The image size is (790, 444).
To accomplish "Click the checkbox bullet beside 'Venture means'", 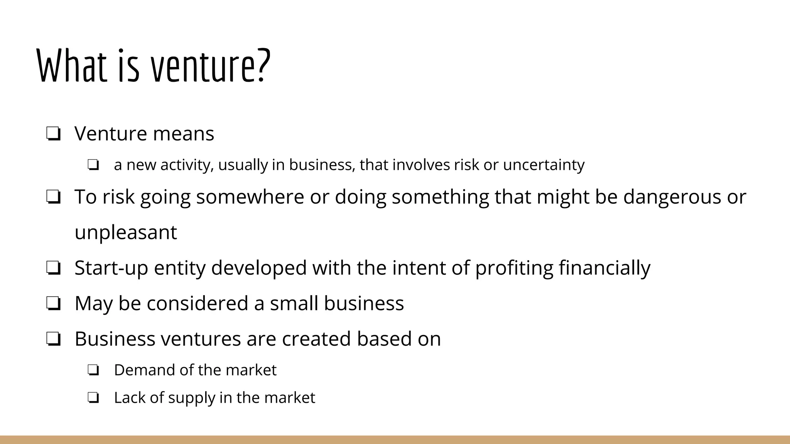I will point(53,134).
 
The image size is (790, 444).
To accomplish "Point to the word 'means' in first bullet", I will point(183,134).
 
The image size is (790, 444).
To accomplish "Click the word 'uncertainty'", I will point(544,165).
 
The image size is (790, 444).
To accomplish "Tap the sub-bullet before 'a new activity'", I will point(93,165).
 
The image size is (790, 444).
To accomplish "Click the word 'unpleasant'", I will point(126,232).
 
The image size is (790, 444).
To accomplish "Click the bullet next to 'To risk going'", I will point(53,197).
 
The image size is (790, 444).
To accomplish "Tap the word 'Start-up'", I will point(111,268).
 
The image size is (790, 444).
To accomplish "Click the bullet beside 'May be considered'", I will point(53,304).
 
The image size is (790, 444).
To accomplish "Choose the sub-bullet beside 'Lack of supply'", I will point(93,398).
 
